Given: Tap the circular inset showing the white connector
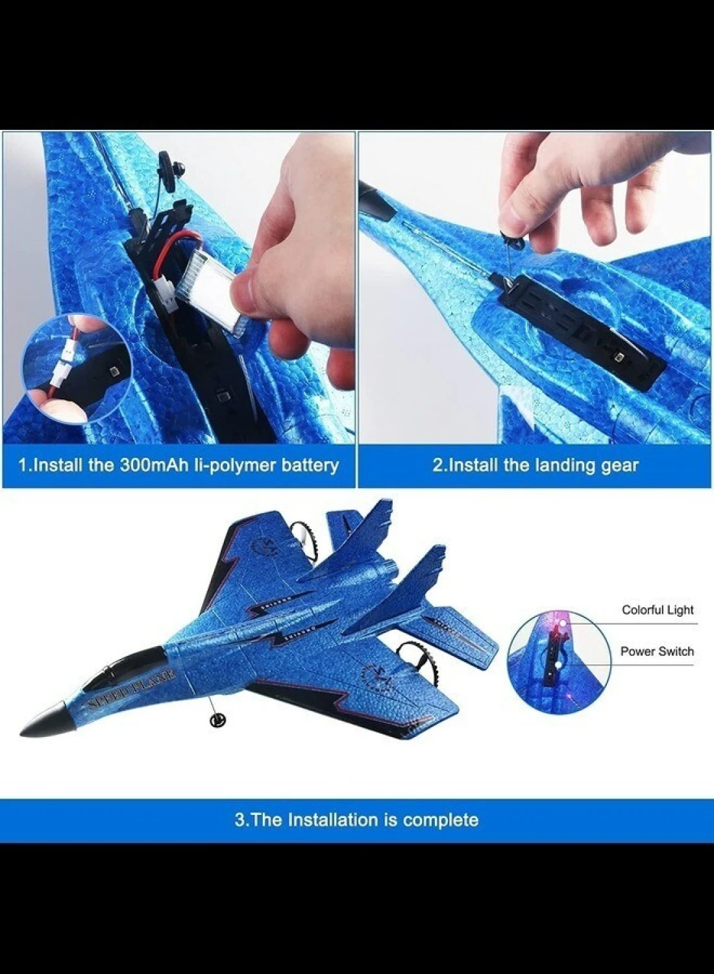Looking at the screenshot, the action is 77,368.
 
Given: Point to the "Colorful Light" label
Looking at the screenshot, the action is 658,610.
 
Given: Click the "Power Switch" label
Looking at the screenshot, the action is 657,651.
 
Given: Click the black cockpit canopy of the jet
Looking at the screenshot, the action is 121,668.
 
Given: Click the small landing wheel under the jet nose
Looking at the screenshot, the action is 217,721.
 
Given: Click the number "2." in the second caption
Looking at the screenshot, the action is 439,466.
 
